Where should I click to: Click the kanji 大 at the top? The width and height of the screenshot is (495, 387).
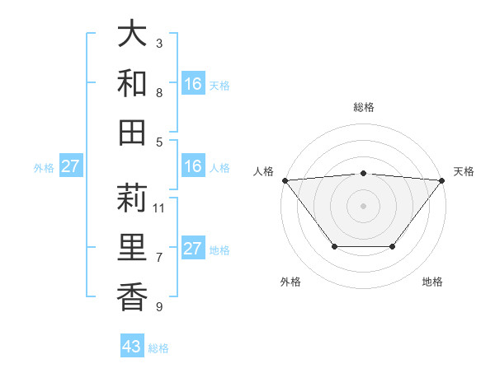(x=132, y=35)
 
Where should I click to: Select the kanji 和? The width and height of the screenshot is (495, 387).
(x=132, y=84)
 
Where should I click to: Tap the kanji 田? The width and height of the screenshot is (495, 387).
(x=132, y=133)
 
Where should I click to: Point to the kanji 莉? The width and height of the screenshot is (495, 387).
(x=132, y=198)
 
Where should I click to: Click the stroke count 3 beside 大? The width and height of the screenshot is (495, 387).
(x=158, y=43)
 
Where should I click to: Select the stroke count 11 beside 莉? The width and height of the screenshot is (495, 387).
(x=159, y=207)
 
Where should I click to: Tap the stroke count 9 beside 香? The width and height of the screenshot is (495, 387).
(x=158, y=307)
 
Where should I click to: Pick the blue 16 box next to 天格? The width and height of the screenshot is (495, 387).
(x=193, y=84)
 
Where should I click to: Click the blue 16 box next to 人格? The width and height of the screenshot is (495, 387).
(x=193, y=166)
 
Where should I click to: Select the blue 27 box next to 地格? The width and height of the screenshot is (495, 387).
(x=193, y=249)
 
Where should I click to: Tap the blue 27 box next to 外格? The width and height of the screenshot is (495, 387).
(x=70, y=166)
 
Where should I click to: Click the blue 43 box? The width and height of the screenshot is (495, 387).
(x=132, y=347)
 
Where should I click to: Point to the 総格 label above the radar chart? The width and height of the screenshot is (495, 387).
(x=364, y=108)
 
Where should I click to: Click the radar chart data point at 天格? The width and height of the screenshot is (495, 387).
(x=443, y=180)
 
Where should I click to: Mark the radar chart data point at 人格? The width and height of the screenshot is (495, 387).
(x=285, y=180)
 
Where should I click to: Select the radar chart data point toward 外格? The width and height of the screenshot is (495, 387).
(x=334, y=246)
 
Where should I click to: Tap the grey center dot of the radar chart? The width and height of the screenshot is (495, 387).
(x=364, y=205)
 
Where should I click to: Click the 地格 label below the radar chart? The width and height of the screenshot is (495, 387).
(x=432, y=282)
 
